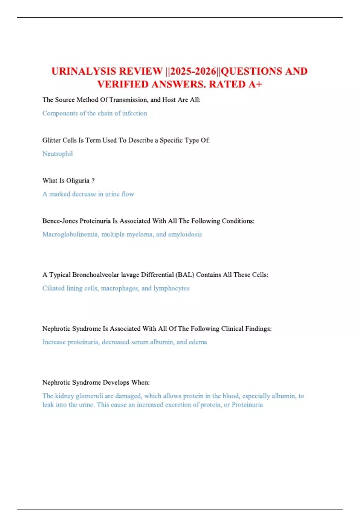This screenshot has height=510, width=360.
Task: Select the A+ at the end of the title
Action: pyautogui.click(x=255, y=84)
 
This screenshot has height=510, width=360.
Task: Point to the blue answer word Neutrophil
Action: pyautogui.click(x=58, y=154)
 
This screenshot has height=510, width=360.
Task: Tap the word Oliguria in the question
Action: pyautogui.click(x=78, y=181)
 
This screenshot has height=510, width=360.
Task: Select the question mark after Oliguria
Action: pyautogui.click(x=93, y=181)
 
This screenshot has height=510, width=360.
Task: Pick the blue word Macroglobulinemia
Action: pyautogui.click(x=70, y=234)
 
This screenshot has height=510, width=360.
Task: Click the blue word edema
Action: pyautogui.click(x=198, y=342)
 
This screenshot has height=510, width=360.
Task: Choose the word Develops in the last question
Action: pyautogui.click(x=116, y=382)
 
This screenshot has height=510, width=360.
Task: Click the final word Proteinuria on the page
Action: pyautogui.click(x=247, y=405)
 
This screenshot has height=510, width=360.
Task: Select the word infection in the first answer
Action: pyautogui.click(x=135, y=113)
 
